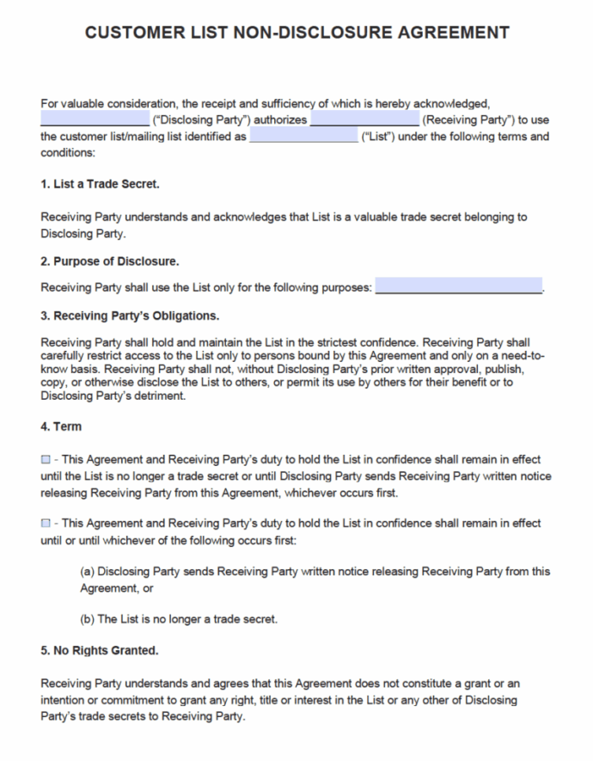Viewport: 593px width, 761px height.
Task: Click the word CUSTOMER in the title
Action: [139, 33]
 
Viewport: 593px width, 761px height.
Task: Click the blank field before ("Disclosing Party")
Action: [95, 120]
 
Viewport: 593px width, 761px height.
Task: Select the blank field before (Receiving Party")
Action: [364, 120]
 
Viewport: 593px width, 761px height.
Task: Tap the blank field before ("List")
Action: [303, 137]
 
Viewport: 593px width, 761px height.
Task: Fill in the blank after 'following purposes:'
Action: [459, 286]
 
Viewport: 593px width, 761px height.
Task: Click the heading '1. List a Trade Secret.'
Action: [100, 184]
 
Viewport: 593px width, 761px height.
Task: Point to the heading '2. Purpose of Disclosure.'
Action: [110, 261]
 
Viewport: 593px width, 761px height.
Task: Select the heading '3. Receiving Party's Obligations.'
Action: [130, 315]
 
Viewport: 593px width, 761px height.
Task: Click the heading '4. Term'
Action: [61, 427]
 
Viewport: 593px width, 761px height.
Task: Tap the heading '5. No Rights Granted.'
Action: [99, 650]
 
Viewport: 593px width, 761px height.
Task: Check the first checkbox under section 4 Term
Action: [46, 460]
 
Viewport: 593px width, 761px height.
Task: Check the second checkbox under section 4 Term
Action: [46, 523]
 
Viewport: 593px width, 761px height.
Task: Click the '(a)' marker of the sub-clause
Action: [87, 572]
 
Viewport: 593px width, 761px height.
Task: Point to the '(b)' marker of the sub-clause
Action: [87, 619]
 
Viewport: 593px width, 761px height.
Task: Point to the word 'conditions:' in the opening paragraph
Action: [68, 153]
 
